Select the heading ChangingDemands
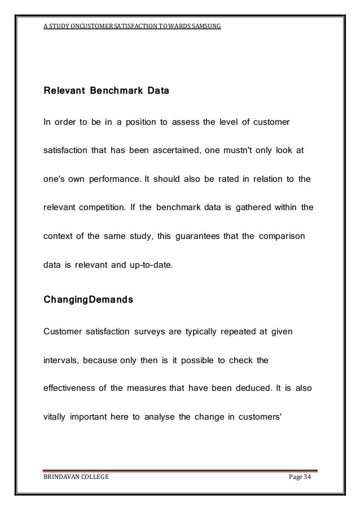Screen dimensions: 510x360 [89, 300]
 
